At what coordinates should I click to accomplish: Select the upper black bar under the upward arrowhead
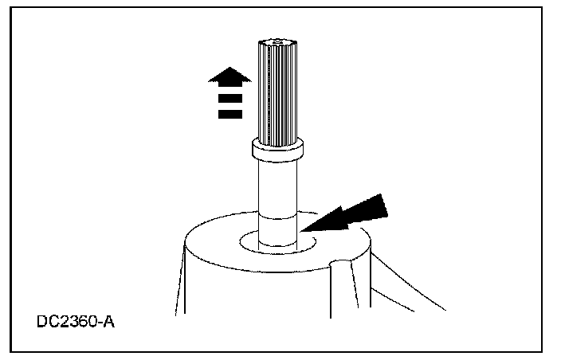point(229,99)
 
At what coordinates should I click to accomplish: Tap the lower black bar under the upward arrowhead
point(229,114)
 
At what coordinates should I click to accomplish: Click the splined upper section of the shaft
point(277,92)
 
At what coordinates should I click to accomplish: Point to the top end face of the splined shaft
point(277,41)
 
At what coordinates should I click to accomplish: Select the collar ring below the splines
point(277,147)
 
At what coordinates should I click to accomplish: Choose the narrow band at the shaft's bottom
point(277,233)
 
